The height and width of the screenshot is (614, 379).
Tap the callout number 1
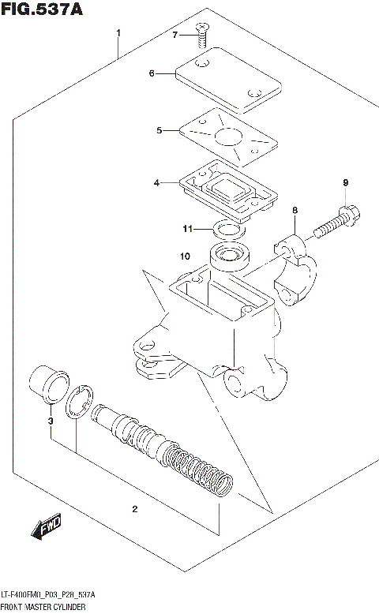point(118,33)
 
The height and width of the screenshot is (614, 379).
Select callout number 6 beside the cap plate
point(151,73)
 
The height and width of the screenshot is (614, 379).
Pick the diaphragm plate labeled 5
point(227,138)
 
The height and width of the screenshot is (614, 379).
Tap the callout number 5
point(159,130)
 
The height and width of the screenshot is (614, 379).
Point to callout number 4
point(157,183)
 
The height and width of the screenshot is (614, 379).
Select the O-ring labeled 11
point(228,230)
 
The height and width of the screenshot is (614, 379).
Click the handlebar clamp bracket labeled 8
point(296,268)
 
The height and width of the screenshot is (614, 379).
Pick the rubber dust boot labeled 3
point(50,386)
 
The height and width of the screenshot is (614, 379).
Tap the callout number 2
point(134,509)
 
